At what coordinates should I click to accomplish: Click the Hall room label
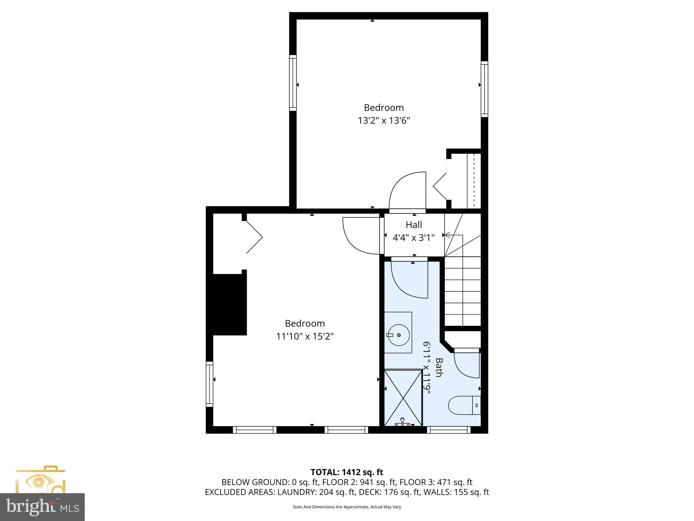click(x=414, y=225)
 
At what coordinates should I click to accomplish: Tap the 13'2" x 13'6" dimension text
click(x=384, y=121)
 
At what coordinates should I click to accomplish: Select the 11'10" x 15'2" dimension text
click(x=305, y=336)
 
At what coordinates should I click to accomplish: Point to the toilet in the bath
click(x=464, y=405)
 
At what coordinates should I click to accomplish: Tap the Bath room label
click(x=439, y=367)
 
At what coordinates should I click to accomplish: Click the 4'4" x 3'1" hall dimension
click(x=413, y=238)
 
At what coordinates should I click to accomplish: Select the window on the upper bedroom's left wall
click(x=293, y=83)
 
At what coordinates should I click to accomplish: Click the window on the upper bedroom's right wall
click(x=485, y=89)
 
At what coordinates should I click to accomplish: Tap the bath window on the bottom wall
click(x=449, y=430)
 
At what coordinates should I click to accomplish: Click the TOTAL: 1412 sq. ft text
click(x=347, y=472)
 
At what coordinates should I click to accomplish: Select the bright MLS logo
click(x=42, y=507)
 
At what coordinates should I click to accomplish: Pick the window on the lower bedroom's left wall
click(x=210, y=384)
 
